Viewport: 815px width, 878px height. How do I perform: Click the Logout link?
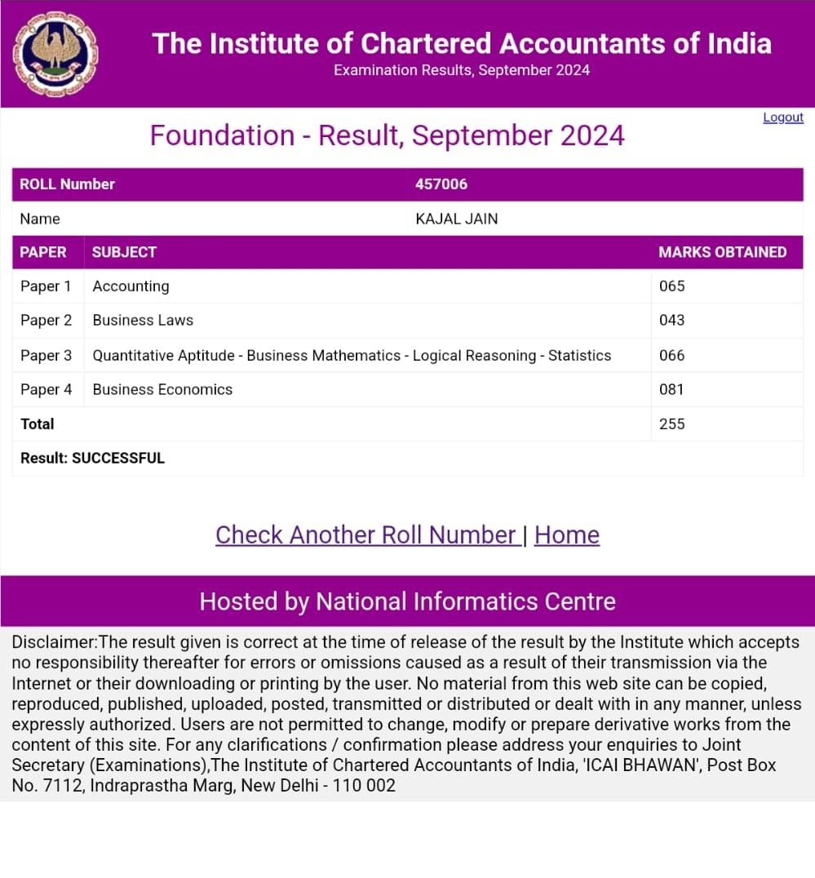click(x=783, y=118)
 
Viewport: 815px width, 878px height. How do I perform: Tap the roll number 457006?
click(x=441, y=184)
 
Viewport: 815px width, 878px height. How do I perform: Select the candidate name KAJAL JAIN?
click(x=457, y=219)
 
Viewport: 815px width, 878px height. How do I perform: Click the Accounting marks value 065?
click(x=672, y=286)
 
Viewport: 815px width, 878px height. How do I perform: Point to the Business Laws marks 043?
click(x=672, y=321)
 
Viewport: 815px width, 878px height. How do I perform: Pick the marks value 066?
click(x=672, y=356)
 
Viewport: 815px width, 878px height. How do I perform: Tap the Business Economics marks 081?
click(x=672, y=390)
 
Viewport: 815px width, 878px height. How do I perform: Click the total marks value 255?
click(x=672, y=424)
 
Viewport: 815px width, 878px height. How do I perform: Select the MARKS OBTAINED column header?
click(x=723, y=252)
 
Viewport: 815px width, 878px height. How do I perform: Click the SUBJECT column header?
click(x=124, y=252)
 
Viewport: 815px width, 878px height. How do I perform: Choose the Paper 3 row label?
click(x=46, y=356)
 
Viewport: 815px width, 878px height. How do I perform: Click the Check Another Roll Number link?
click(x=366, y=535)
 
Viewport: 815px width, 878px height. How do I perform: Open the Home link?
click(x=567, y=535)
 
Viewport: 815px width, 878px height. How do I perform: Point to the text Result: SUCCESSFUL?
click(x=93, y=459)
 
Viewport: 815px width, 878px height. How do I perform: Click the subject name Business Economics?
click(x=162, y=390)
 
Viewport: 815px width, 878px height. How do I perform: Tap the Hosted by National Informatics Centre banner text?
click(x=407, y=602)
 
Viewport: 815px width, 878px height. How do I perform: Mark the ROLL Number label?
click(x=67, y=184)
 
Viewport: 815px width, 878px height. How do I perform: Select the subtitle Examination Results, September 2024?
click(x=462, y=70)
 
